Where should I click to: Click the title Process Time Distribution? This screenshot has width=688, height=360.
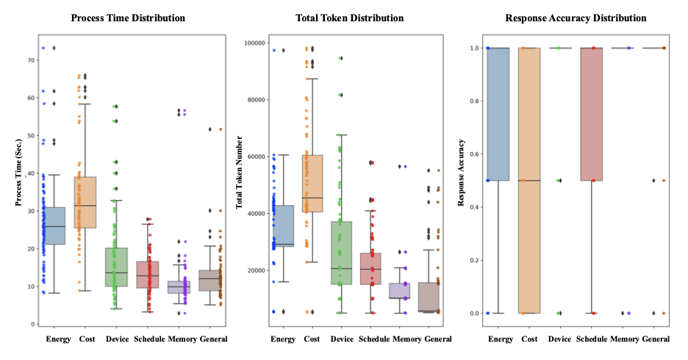[128, 17]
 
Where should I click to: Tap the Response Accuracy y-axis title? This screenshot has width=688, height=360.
[462, 179]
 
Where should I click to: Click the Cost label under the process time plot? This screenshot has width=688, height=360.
[87, 339]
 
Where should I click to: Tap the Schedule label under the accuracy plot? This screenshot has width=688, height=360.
[592, 339]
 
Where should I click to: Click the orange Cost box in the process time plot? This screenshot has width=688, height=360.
[87, 202]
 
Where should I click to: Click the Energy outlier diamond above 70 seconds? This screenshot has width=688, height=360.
[54, 48]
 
